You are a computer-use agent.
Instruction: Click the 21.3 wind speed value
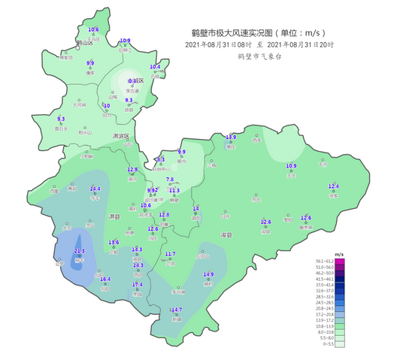tap(79, 250)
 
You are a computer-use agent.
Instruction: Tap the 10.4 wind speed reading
tap(155, 67)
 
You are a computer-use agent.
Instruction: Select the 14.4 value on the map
tap(95, 189)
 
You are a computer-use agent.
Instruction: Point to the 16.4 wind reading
tap(105, 279)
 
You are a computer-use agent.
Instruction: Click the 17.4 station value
tap(138, 285)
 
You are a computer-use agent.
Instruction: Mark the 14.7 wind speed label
tap(177, 310)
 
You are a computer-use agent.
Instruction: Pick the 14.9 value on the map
tap(208, 274)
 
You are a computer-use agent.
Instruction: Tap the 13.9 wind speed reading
tap(232, 138)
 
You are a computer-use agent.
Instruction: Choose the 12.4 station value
tap(334, 186)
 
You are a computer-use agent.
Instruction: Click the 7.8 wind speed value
tap(170, 180)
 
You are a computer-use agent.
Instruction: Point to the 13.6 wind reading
tap(114, 242)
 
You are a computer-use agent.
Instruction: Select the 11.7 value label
tap(170, 254)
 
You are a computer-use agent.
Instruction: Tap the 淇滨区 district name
tap(120, 136)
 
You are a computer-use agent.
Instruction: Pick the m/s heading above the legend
tap(339, 254)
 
